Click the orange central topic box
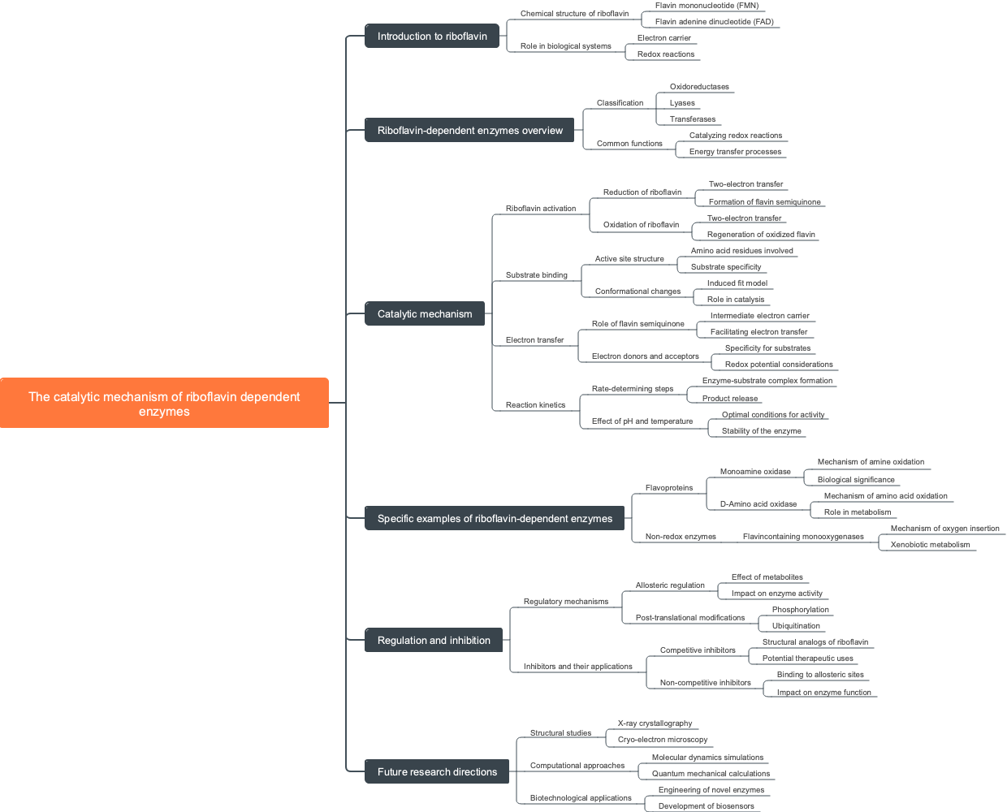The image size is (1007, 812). point(164,403)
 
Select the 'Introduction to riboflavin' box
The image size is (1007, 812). point(432,37)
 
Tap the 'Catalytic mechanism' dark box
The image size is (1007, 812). point(425,314)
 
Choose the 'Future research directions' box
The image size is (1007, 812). point(437,772)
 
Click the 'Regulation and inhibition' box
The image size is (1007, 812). point(434,641)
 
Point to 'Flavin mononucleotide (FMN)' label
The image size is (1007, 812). point(707,6)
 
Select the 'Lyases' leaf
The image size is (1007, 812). point(682,103)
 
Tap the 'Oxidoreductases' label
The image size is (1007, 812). point(699,87)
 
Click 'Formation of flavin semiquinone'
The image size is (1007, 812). point(764,202)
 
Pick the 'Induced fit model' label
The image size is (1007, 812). point(737,283)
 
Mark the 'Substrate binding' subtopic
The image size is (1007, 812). point(536,275)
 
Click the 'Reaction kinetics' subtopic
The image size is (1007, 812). point(535,405)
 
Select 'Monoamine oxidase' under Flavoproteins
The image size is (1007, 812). point(755,472)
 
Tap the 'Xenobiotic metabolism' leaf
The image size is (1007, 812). point(930,545)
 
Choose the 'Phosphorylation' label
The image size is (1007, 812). point(800,610)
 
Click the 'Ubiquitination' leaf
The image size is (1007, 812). point(796,626)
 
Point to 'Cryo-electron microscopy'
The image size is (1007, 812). point(663,740)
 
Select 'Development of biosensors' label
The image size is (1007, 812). point(706,806)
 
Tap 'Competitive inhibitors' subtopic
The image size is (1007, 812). point(698,650)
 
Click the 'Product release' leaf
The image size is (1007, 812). point(729,399)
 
